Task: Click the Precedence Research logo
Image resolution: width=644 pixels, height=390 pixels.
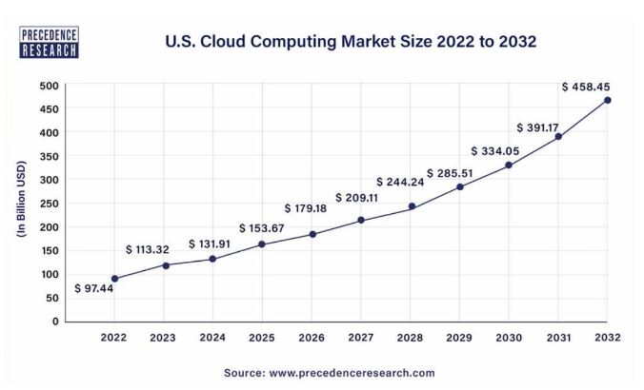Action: point(49,43)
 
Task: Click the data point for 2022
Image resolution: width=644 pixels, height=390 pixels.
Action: point(114,279)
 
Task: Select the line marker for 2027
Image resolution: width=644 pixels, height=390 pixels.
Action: point(361,221)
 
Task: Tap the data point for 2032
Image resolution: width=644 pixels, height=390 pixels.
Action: point(608,100)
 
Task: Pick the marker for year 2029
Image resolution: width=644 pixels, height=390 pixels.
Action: point(459,186)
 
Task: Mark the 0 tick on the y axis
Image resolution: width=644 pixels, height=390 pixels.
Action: point(55,322)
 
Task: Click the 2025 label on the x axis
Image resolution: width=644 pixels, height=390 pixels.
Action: point(262,337)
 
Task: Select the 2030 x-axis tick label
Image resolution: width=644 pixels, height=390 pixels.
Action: point(509,337)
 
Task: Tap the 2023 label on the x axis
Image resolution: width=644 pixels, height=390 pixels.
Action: point(164,337)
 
